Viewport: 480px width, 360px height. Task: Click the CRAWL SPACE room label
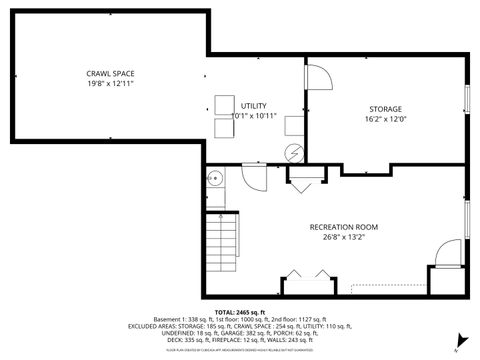110,73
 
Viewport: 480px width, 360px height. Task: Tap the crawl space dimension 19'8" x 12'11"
110,83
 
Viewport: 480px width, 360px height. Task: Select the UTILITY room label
253,105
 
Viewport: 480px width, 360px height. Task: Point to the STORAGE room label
385,108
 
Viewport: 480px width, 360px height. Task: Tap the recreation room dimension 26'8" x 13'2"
335,238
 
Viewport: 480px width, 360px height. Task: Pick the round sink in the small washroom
214,179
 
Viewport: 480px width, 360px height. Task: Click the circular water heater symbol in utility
293,153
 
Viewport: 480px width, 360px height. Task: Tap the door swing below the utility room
252,178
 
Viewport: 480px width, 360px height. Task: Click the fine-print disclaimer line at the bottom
240,351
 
